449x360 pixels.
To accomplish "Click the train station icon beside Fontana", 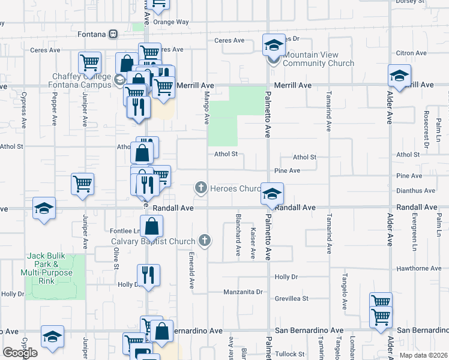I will click(x=114, y=34).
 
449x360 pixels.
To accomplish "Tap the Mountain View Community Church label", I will click(x=318, y=59).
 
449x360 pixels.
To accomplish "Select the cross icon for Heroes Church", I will click(x=200, y=188).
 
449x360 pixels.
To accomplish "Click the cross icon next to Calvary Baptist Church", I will click(x=205, y=241).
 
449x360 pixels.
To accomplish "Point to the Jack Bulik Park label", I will click(x=50, y=265).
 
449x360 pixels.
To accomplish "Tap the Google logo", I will click(x=19, y=352).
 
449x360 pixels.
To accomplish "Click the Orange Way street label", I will click(x=171, y=22).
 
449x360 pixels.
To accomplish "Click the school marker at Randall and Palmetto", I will click(x=272, y=194).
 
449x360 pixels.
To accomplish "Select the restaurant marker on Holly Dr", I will click(x=148, y=275).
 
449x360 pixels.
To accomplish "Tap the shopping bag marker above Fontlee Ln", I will click(x=152, y=227).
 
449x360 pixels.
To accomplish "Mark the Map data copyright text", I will click(x=423, y=355).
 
